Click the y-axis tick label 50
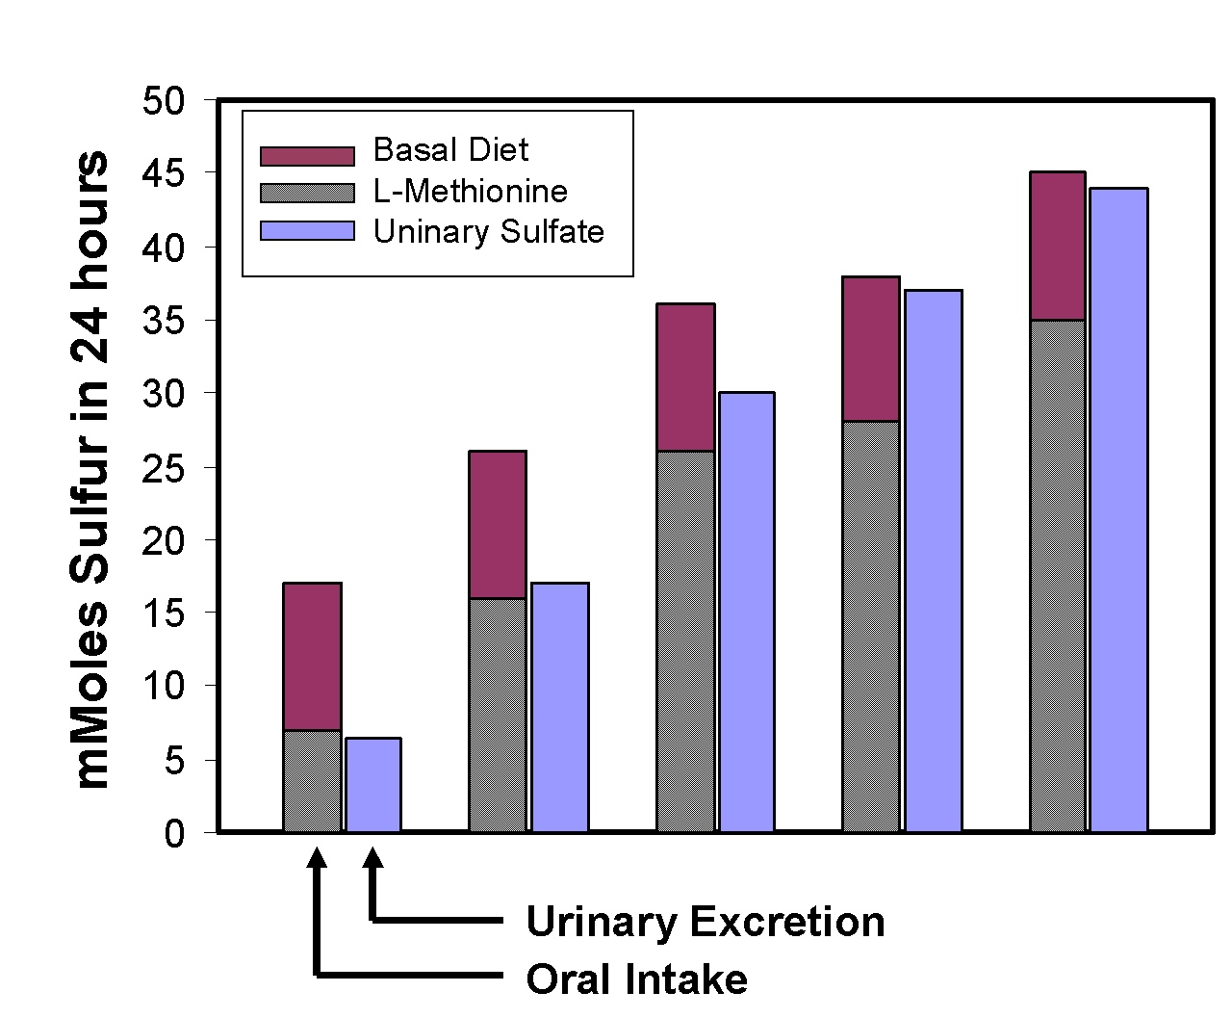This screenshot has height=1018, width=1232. (164, 100)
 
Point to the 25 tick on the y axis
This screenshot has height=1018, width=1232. (164, 469)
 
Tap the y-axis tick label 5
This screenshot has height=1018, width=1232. (174, 761)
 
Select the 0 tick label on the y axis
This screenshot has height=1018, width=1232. (174, 834)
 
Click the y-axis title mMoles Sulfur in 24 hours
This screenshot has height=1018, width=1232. (90, 469)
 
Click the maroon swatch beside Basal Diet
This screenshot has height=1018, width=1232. (307, 156)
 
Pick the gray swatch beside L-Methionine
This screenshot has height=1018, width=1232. (307, 193)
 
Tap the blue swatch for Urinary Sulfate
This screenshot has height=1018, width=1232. (307, 230)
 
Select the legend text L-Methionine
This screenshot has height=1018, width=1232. (471, 192)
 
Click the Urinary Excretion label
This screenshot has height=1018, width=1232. (706, 921)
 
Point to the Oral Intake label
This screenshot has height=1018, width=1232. (636, 979)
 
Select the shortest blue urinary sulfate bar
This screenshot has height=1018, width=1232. (373, 785)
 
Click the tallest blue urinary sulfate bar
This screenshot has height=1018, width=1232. (1118, 510)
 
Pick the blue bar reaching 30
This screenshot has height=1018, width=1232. (746, 612)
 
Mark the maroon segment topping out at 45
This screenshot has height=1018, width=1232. (1058, 247)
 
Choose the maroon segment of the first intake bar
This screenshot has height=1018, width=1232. (312, 657)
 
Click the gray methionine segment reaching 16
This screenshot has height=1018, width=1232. (498, 715)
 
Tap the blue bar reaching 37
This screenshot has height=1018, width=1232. (934, 561)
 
